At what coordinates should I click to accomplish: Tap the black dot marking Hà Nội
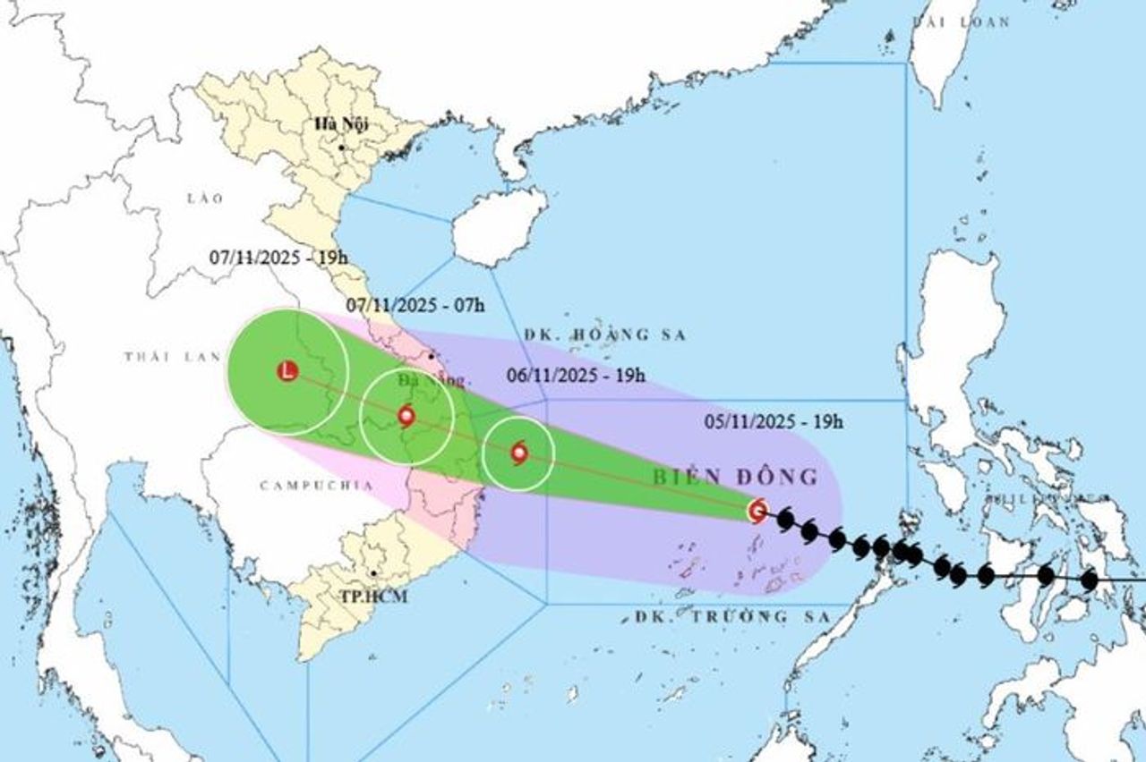tap(342, 146)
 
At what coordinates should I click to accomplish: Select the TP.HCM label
tap(372, 596)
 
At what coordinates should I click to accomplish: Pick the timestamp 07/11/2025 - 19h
tap(278, 258)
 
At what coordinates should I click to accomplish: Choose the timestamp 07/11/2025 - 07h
tap(415, 305)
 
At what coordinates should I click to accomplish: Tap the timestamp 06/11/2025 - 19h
tap(577, 376)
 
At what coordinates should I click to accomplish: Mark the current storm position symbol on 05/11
tap(757, 511)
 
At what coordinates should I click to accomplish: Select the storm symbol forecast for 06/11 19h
tap(519, 453)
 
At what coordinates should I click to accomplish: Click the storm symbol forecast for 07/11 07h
tap(406, 415)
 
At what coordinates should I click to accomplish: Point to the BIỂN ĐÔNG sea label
tap(734, 478)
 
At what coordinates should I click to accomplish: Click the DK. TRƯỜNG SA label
tap(713, 616)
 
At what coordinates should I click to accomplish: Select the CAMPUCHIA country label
tap(303, 486)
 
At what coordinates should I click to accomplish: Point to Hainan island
tap(498, 227)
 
